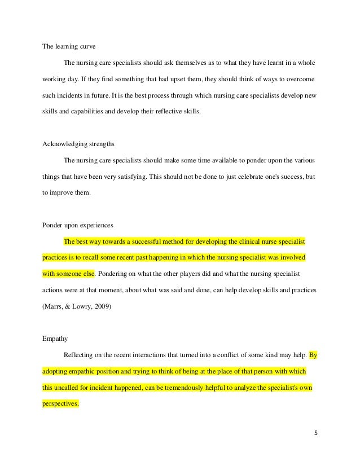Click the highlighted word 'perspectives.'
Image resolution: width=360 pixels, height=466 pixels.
[61, 405]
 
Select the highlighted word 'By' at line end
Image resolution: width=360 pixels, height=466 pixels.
[313, 356]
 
